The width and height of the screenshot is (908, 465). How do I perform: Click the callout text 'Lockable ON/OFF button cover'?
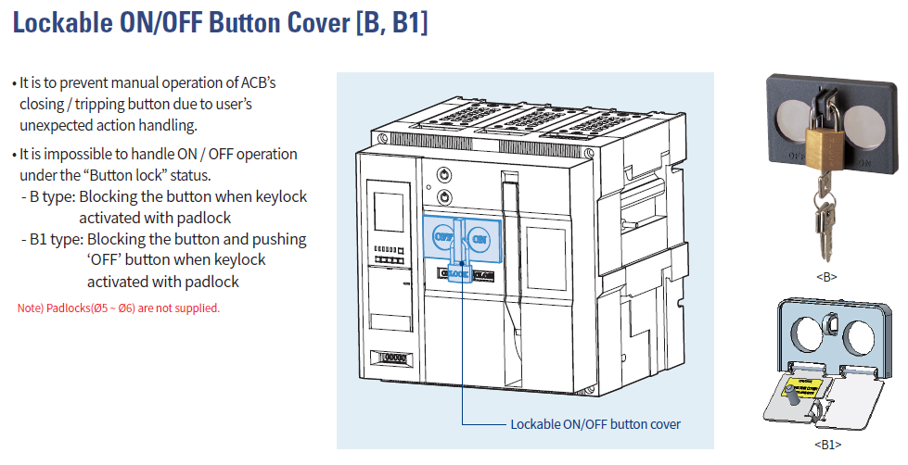tap(595, 424)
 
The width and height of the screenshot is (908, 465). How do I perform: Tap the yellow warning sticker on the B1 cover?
tap(803, 386)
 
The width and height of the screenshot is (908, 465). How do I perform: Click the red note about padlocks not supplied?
tap(119, 308)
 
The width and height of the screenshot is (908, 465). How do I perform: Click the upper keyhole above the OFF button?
tap(443, 174)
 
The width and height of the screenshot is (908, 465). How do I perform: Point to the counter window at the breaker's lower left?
tap(390, 357)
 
